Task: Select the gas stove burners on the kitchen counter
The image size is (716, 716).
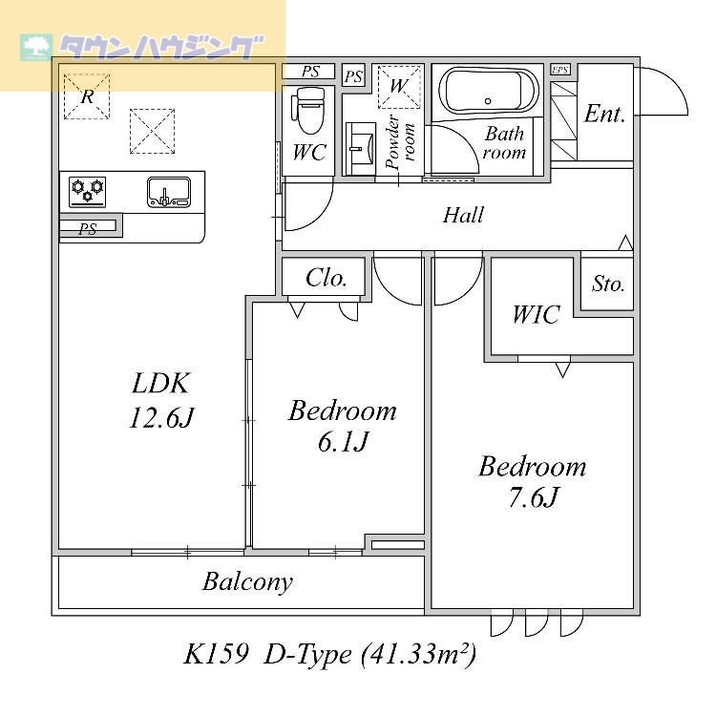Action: (x=87, y=191)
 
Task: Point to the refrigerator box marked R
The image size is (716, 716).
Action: (x=87, y=95)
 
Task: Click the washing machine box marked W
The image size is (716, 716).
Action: (x=399, y=87)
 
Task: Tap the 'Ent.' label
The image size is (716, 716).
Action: (x=604, y=115)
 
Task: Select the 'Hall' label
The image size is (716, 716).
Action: (x=463, y=216)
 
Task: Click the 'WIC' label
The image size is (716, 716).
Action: (x=535, y=315)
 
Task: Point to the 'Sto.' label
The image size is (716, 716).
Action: (x=608, y=284)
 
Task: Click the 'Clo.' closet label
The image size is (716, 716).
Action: (x=326, y=278)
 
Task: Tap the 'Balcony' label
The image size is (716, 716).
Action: (x=247, y=581)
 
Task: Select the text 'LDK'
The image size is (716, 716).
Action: (x=162, y=384)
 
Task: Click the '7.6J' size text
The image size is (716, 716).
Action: (x=532, y=498)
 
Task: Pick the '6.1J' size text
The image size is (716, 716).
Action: (x=342, y=442)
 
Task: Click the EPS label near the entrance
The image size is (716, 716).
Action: (x=560, y=70)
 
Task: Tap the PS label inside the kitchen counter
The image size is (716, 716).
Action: (x=88, y=228)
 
